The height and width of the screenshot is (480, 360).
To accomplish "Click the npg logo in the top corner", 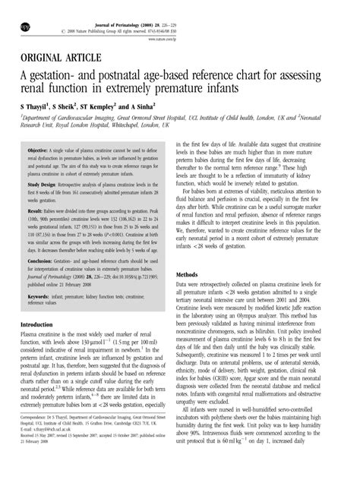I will [11, 12].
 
